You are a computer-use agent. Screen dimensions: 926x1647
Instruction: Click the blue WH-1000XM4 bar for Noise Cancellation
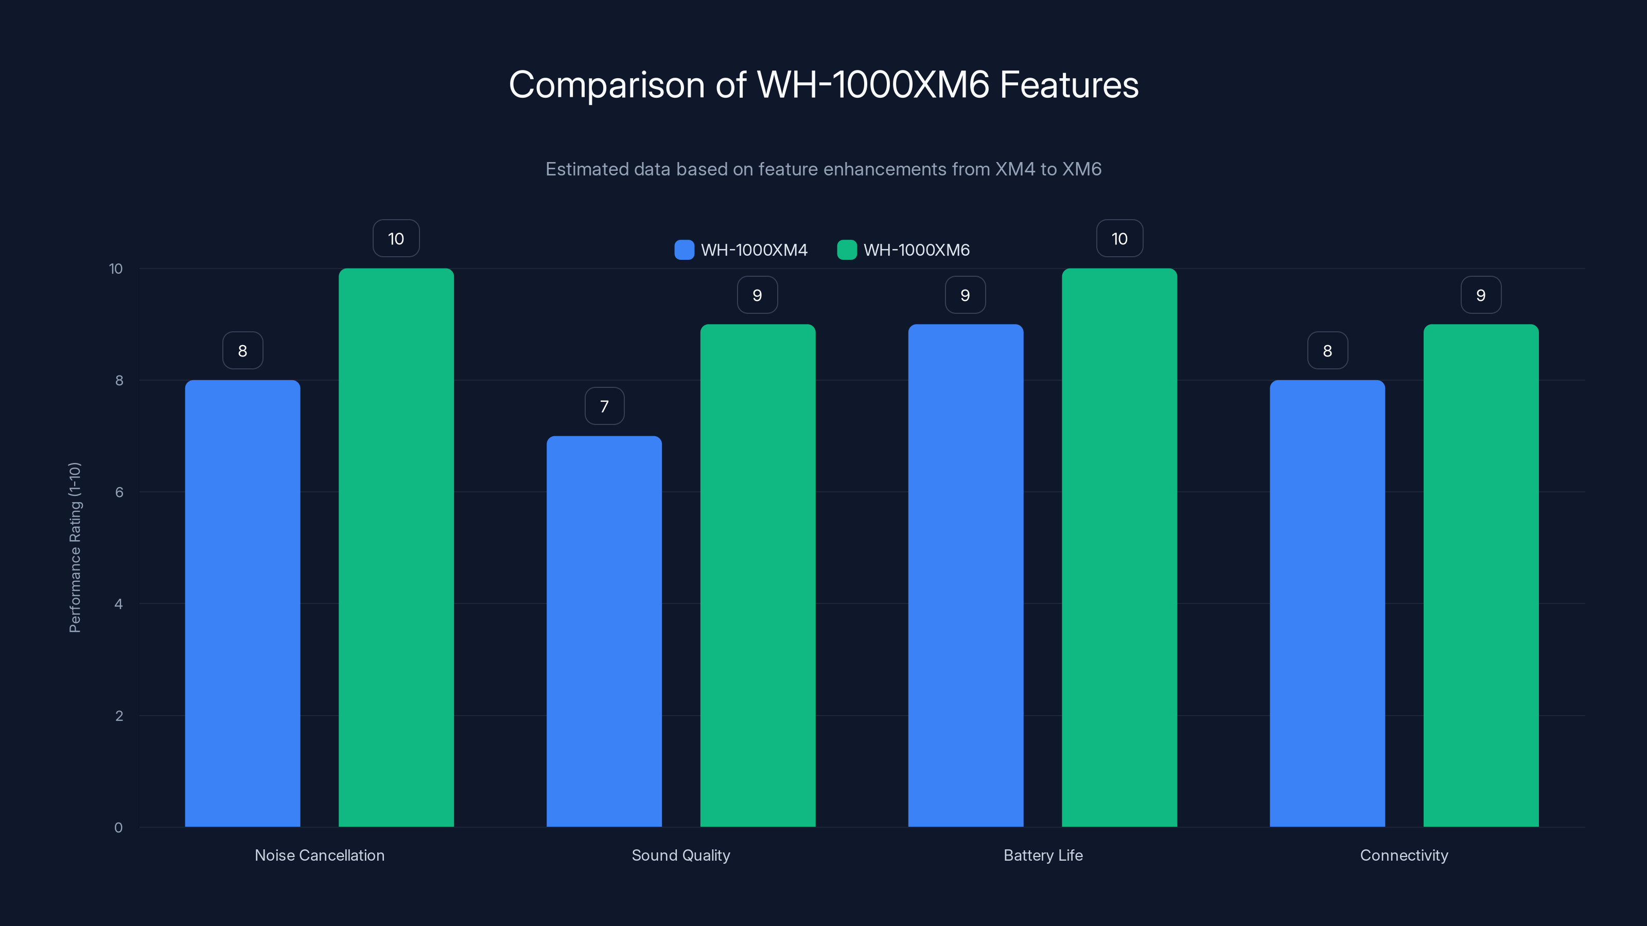pyautogui.click(x=242, y=603)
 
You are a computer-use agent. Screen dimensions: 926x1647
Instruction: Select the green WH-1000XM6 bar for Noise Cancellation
pyautogui.click(x=396, y=548)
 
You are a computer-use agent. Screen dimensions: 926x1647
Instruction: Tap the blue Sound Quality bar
pyautogui.click(x=604, y=631)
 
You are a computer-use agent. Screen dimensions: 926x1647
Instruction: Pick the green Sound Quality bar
pyautogui.click(x=758, y=575)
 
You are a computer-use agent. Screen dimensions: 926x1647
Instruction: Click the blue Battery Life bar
pyautogui.click(x=966, y=575)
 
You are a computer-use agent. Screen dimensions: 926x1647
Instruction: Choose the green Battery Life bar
pyautogui.click(x=1119, y=548)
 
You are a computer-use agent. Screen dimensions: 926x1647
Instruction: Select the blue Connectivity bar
pyautogui.click(x=1327, y=603)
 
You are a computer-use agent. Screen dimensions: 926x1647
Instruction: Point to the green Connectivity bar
pyautogui.click(x=1481, y=575)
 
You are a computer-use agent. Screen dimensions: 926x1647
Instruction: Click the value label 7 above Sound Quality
pyautogui.click(x=604, y=406)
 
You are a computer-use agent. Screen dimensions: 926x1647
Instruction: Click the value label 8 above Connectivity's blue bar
pyautogui.click(x=1327, y=351)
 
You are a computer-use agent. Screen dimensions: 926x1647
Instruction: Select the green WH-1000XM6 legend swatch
pyautogui.click(x=847, y=250)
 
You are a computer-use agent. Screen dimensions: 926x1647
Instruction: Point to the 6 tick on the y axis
pyautogui.click(x=119, y=492)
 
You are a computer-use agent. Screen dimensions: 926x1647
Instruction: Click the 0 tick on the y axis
pyautogui.click(x=118, y=828)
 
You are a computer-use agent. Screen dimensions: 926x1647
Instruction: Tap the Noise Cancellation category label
pyautogui.click(x=320, y=855)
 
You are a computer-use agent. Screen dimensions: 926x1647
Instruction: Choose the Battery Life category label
pyautogui.click(x=1043, y=855)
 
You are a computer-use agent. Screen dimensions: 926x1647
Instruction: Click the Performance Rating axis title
pyautogui.click(x=75, y=548)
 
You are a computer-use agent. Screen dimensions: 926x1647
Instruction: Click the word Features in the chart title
pyautogui.click(x=1068, y=85)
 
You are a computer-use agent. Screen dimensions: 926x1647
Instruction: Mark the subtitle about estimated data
pyautogui.click(x=823, y=169)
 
